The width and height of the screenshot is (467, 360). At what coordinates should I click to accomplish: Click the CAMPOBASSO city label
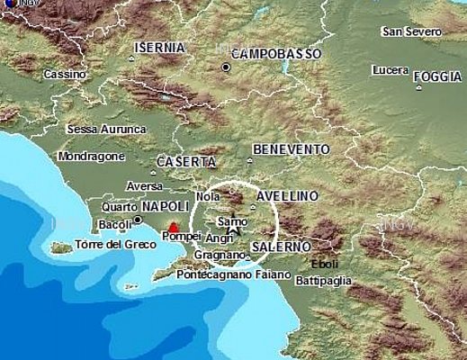pyautogui.click(x=276, y=53)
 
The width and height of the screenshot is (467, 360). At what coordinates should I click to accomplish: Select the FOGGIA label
pyautogui.click(x=437, y=77)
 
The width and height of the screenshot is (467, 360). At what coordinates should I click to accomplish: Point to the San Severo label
pyautogui.click(x=410, y=31)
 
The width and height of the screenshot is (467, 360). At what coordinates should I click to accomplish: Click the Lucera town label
pyautogui.click(x=389, y=70)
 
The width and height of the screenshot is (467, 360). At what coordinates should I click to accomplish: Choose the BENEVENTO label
pyautogui.click(x=292, y=148)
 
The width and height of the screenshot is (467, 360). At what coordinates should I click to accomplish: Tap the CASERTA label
pyautogui.click(x=185, y=162)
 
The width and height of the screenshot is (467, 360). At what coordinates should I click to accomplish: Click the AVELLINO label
pyautogui.click(x=287, y=195)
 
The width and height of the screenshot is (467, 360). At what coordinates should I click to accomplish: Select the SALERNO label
pyautogui.click(x=281, y=246)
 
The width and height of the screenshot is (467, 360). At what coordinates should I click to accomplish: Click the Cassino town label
pyautogui.click(x=64, y=74)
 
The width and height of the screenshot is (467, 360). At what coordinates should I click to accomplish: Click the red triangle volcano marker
pyautogui.click(x=174, y=228)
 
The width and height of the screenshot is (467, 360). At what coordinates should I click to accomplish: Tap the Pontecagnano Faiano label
pyautogui.click(x=233, y=274)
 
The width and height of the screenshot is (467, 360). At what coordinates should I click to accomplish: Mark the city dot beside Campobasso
pyautogui.click(x=227, y=67)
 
